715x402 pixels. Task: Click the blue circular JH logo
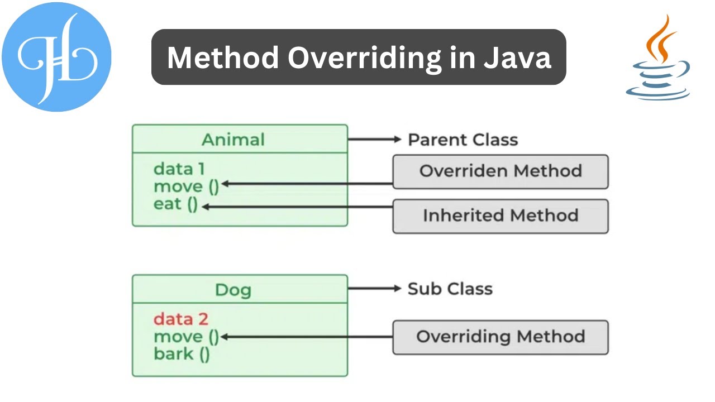(56, 56)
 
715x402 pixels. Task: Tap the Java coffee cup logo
(657, 59)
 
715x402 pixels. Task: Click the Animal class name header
(233, 139)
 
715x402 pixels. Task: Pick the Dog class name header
(233, 290)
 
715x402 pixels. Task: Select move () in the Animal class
(186, 186)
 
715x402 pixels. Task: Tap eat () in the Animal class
(175, 204)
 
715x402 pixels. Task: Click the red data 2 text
(180, 319)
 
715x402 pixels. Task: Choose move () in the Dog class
(186, 336)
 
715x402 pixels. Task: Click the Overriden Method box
(500, 171)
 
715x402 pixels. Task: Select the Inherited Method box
(500, 216)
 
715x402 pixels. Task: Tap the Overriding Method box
(500, 337)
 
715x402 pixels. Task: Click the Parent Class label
(463, 140)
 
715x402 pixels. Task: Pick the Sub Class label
(450, 289)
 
